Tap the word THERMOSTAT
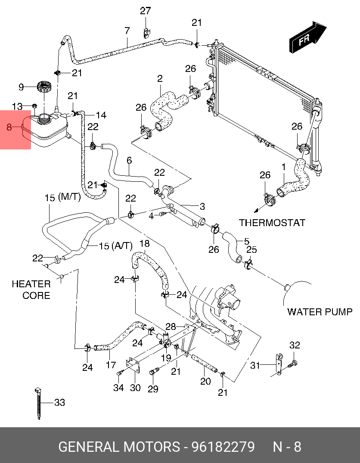tap(272, 223)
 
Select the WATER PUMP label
tap(320, 312)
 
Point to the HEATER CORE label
tap(31, 289)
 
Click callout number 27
tap(145, 11)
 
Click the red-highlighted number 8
tap(9, 127)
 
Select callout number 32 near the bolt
tap(295, 345)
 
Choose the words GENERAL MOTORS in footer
tap(119, 447)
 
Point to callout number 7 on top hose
tap(127, 31)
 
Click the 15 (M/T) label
tap(63, 198)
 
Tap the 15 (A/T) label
tap(115, 246)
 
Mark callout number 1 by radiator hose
tap(283, 166)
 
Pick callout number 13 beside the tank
tap(17, 106)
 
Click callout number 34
tap(118, 388)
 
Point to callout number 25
tap(251, 250)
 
